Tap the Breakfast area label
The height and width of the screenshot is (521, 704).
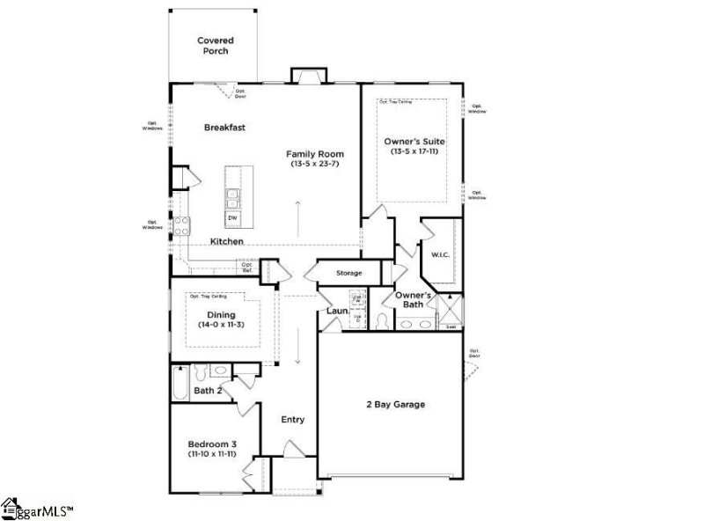(x=224, y=128)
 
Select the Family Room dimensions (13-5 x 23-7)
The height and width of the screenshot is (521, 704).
(x=315, y=164)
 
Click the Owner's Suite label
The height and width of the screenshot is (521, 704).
(x=414, y=141)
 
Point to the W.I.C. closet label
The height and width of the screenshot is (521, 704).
(x=440, y=255)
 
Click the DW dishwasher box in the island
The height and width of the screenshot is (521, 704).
(x=233, y=217)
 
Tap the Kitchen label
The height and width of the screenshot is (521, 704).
(x=227, y=241)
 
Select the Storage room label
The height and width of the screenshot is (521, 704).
(x=348, y=273)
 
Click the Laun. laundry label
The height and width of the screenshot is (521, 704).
(x=337, y=311)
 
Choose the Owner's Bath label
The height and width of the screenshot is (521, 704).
(x=412, y=300)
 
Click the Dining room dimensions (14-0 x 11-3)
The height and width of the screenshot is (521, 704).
(x=221, y=325)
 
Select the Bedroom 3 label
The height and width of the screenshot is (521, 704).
(x=211, y=444)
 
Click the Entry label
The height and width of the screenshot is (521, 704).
(x=293, y=420)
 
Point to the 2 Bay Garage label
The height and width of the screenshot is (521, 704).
(x=396, y=405)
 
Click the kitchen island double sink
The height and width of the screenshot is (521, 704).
(x=234, y=195)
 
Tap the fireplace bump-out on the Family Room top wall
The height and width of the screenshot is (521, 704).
(x=307, y=76)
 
